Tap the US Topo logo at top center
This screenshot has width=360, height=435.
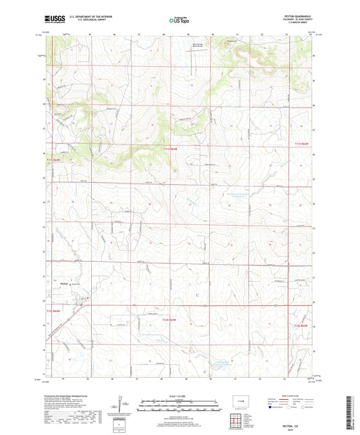[180, 21]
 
